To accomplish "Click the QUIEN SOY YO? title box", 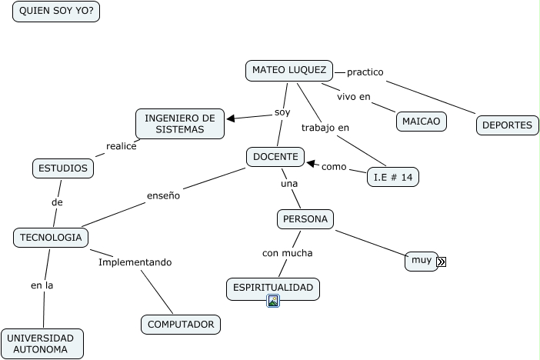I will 56,12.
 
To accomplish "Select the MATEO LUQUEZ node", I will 289,70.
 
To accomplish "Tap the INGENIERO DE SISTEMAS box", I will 180,124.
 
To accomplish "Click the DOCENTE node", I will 275,157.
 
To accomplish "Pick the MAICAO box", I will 421,122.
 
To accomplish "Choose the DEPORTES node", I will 507,125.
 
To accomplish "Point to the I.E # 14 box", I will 393,177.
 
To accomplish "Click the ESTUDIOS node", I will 63,168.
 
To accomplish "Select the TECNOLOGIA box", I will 51,238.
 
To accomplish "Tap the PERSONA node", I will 305,219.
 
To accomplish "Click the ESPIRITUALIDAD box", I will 273,288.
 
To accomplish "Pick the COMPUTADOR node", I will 181,325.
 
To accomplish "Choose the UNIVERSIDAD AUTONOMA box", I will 42,344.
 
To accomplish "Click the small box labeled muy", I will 421,261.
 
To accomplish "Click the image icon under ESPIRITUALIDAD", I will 272,301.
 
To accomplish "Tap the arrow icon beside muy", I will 441,262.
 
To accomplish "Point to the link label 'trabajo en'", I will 325,128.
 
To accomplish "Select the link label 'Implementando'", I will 135,262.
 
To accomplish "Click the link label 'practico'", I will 365,72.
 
